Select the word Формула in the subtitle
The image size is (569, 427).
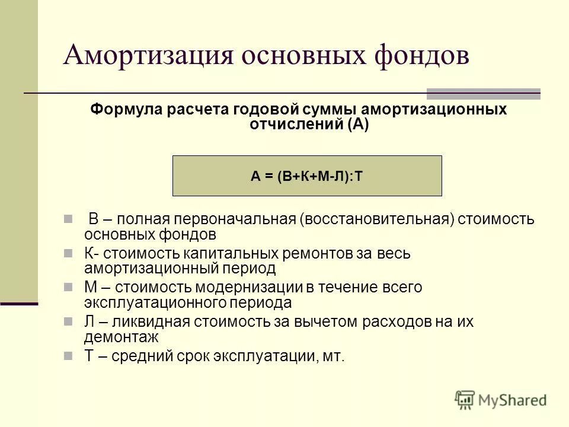(126, 110)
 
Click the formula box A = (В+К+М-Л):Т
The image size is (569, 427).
(307, 176)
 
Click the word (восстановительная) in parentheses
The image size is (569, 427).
(378, 219)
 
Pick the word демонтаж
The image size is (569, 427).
(121, 336)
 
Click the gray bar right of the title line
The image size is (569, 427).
(484, 93)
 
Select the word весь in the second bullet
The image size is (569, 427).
(394, 254)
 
